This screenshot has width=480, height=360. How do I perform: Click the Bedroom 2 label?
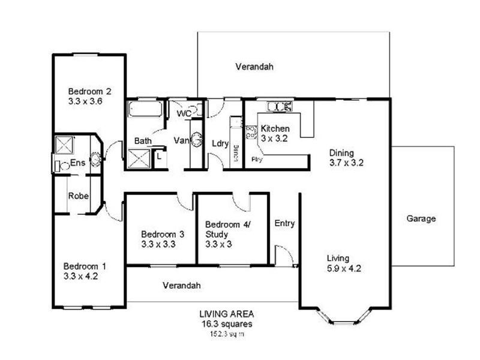[x=89, y=92]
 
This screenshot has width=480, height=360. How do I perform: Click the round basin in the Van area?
[x=197, y=136]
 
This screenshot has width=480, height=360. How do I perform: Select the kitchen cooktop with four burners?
[x=251, y=131]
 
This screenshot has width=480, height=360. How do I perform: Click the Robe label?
[x=78, y=196]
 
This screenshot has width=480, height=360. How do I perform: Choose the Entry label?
[x=284, y=224]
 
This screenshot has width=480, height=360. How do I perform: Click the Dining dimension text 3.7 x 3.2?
[x=347, y=162]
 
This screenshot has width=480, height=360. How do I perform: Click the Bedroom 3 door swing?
[x=185, y=202]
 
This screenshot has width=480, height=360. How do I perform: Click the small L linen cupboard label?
[x=158, y=156]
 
